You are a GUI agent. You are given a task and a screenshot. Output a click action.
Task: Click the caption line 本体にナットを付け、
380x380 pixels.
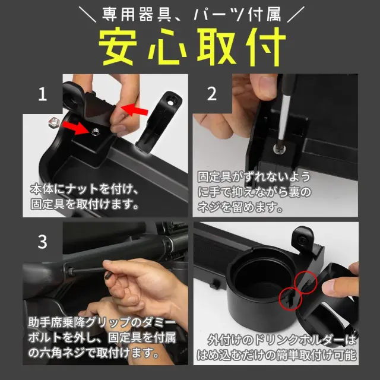pyautogui.click(x=84, y=191)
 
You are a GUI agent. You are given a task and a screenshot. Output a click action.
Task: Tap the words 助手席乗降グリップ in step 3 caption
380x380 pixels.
pyautogui.click(x=77, y=324)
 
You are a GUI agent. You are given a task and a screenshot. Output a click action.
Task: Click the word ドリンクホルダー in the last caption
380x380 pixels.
pyautogui.click(x=297, y=341)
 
